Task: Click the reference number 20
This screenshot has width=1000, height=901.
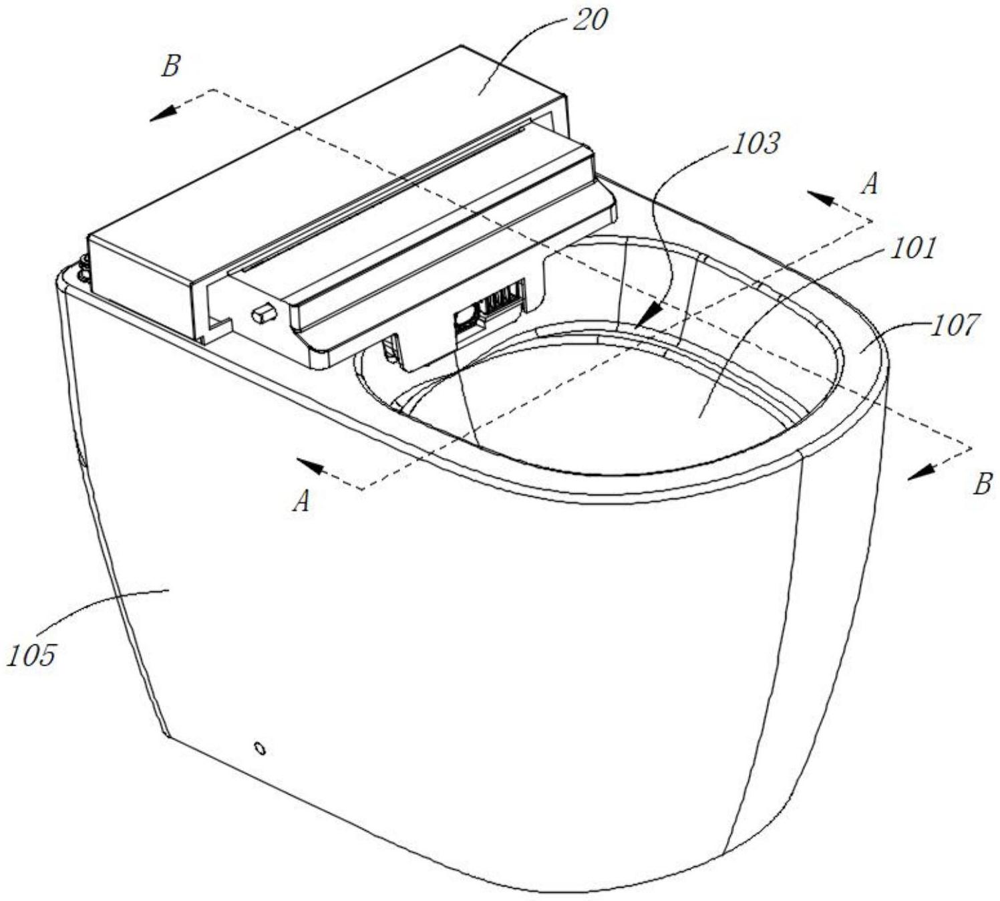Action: coord(590,20)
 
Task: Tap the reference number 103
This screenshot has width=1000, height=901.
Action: coord(755,143)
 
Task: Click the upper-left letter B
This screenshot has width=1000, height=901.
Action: coord(170,66)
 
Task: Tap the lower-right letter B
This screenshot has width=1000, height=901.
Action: coord(981,483)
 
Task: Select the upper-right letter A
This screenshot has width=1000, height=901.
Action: coord(869,184)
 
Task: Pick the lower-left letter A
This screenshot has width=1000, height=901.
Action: coord(302,501)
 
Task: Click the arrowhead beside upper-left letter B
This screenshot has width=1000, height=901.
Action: coord(161,115)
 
